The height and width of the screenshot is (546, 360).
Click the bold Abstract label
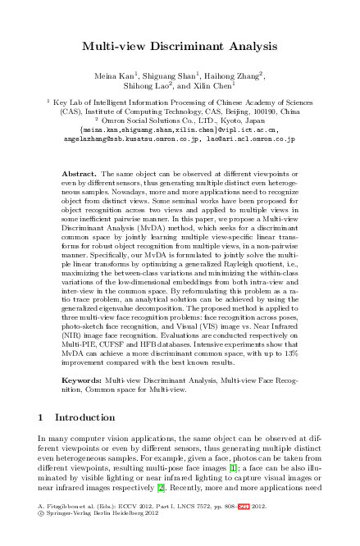(79, 175)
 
